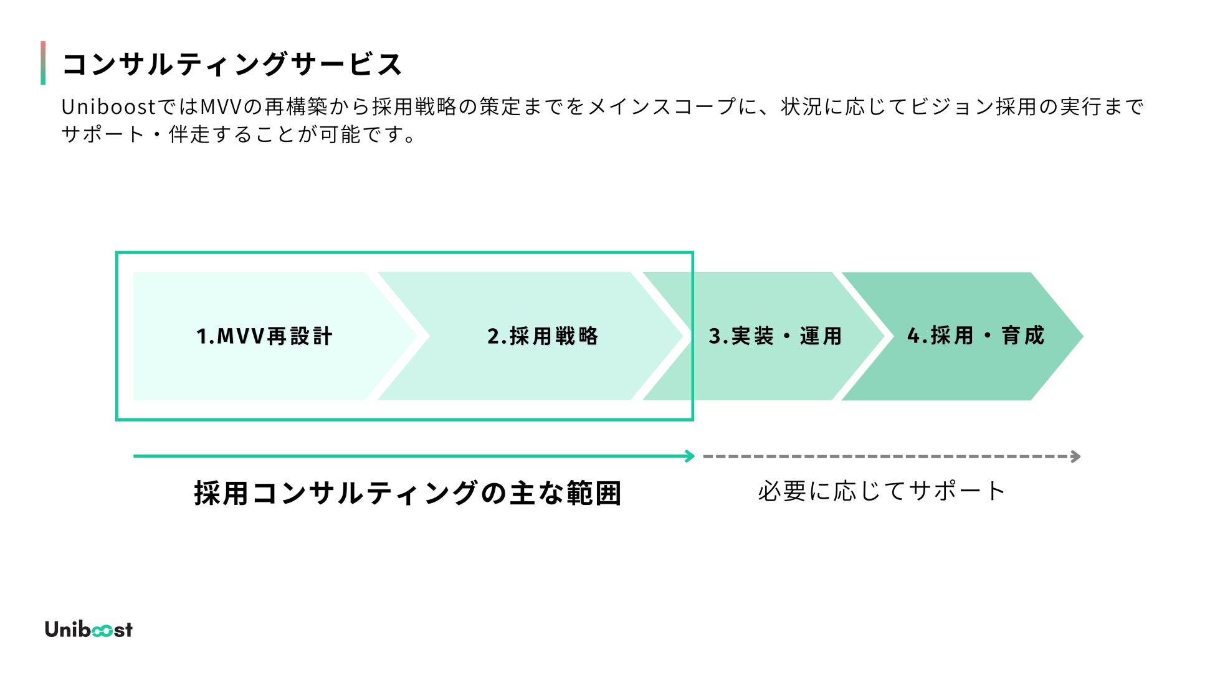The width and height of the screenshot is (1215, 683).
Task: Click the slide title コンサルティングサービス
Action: tap(232, 64)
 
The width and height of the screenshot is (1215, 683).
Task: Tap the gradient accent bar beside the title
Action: tap(43, 63)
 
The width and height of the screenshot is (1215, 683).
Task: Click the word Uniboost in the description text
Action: tap(108, 107)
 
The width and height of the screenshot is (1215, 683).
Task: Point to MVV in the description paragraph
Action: tap(221, 107)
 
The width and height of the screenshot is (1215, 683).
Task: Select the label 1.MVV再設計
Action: tap(264, 336)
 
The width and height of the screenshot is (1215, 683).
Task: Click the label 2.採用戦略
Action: tap(542, 336)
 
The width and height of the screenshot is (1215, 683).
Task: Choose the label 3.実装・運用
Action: tap(775, 336)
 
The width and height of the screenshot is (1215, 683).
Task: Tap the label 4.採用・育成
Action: tap(975, 336)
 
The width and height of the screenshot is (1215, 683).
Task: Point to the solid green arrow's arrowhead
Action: tap(690, 456)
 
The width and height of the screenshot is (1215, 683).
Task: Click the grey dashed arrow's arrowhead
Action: tap(1076, 456)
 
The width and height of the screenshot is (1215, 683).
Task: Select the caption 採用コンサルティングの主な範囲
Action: tap(407, 493)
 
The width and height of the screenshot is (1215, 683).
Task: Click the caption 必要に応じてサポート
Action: tap(881, 491)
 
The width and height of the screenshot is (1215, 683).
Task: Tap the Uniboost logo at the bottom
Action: tap(88, 629)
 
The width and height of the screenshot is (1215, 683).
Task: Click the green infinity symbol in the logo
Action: tap(102, 631)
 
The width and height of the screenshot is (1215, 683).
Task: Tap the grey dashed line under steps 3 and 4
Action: tap(885, 456)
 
